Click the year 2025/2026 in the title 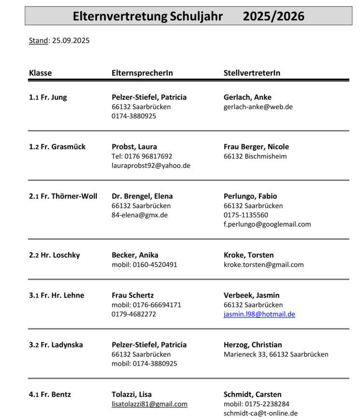pyautogui.click(x=274, y=16)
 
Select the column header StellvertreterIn pyautogui.click(x=252, y=73)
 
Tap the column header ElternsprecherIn pyautogui.click(x=142, y=73)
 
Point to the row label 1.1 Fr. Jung pyautogui.click(x=48, y=97)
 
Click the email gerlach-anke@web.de pyautogui.click(x=258, y=107)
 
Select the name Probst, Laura pyautogui.click(x=134, y=146)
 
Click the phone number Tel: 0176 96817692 pyautogui.click(x=142, y=156)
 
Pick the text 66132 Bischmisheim pyautogui.click(x=255, y=156)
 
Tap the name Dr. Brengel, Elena pyautogui.click(x=142, y=196)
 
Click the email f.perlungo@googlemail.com pyautogui.click(x=267, y=224)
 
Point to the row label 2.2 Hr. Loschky pyautogui.click(x=55, y=255)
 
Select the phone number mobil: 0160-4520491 pyautogui.click(x=144, y=264)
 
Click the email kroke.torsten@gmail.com pyautogui.click(x=263, y=264)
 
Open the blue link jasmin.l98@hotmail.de pyautogui.click(x=259, y=314)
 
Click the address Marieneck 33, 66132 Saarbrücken pyautogui.click(x=276, y=354)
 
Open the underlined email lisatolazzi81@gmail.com pyautogui.click(x=149, y=404)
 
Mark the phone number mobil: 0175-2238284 pyautogui.click(x=257, y=404)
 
